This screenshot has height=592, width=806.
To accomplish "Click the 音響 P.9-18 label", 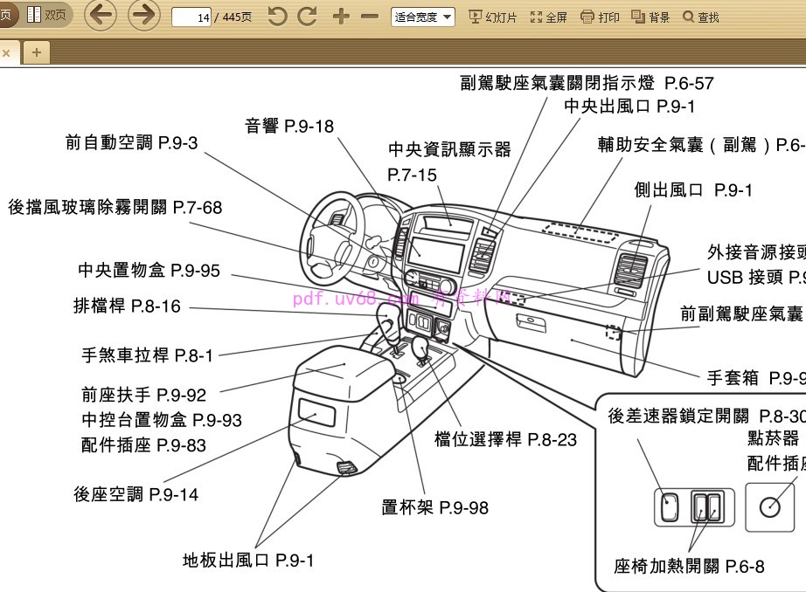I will (288, 127).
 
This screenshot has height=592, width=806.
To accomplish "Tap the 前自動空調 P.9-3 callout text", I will (131, 143).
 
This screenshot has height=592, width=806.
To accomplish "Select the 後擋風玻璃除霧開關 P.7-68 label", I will (115, 208).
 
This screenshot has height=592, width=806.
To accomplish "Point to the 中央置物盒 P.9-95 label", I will (149, 271).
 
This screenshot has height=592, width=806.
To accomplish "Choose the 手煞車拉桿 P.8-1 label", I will (147, 355).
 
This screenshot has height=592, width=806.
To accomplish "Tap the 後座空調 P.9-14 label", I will (135, 495).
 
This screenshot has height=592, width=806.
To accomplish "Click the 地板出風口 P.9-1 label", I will (247, 561).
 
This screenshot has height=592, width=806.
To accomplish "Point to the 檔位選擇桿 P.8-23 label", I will (505, 440).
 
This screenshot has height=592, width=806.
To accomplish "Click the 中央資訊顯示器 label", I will (449, 149).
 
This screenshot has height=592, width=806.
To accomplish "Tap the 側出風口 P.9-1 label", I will (693, 190).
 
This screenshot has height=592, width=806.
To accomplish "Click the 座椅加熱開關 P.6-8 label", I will (689, 567).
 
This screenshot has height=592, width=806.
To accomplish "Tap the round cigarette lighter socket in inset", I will (769, 507).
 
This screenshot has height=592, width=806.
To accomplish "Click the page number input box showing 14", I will (192, 17).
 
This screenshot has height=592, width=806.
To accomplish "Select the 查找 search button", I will (701, 17).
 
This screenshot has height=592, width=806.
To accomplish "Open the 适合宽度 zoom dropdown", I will (423, 17).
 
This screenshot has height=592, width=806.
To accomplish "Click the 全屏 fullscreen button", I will (549, 17).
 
